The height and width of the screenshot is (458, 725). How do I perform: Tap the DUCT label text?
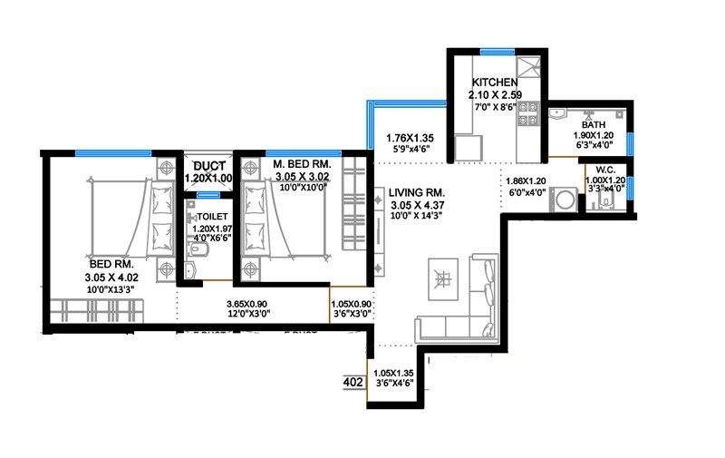click(x=208, y=166)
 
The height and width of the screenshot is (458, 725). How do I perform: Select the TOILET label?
click(x=214, y=217)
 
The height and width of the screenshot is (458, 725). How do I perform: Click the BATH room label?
click(x=594, y=125)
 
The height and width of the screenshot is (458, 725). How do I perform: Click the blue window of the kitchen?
click(x=497, y=51)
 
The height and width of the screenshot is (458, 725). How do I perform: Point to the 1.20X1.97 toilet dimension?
click(x=213, y=230)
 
